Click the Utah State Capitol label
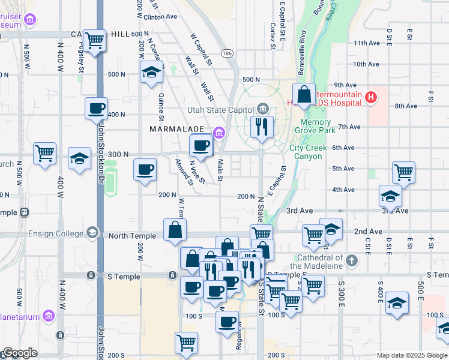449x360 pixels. coord(220,110)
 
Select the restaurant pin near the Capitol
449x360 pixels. coord(262,127)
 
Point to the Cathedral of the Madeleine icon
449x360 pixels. coord(351,261)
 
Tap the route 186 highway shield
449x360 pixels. coord(226,54)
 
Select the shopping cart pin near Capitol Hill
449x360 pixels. coord(95,41)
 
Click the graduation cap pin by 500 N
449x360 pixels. coord(151,73)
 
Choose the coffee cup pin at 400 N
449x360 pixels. coord(96,109)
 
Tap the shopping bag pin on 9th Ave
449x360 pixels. coord(304,94)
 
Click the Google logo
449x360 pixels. coord(20,353)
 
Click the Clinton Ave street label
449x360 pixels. coord(160,17)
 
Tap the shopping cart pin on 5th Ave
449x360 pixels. coord(403,172)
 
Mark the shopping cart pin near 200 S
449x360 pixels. coord(186,344)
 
